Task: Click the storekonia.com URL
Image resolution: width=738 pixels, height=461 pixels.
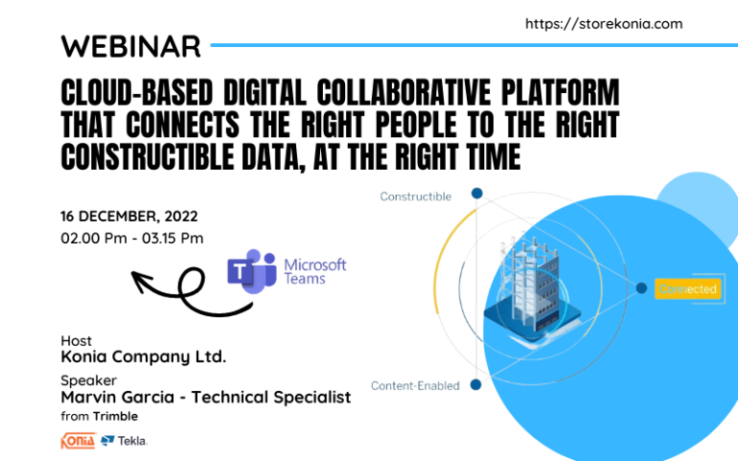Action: tap(604, 24)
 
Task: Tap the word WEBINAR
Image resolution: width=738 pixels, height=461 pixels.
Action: tap(131, 45)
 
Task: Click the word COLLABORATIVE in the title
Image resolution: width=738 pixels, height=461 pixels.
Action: tap(378, 93)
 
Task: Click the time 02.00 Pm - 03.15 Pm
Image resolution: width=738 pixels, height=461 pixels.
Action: tap(132, 238)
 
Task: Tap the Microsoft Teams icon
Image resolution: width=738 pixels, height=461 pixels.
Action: tap(251, 271)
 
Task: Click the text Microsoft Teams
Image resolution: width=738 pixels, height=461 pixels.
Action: tap(314, 271)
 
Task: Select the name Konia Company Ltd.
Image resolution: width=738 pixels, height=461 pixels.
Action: tap(143, 357)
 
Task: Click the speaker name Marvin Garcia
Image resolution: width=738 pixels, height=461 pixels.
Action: tap(124, 397)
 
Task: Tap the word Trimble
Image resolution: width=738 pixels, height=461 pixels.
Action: tap(115, 416)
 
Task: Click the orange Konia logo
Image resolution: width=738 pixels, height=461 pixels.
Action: tap(78, 441)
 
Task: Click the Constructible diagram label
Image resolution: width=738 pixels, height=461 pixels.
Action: tap(415, 196)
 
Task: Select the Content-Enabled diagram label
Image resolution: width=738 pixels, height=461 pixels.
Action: tap(415, 385)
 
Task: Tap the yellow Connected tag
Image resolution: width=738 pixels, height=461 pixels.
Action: tap(686, 289)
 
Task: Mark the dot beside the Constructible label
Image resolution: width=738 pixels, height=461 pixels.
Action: tap(476, 193)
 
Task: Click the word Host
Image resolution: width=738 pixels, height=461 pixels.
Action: tap(76, 341)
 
